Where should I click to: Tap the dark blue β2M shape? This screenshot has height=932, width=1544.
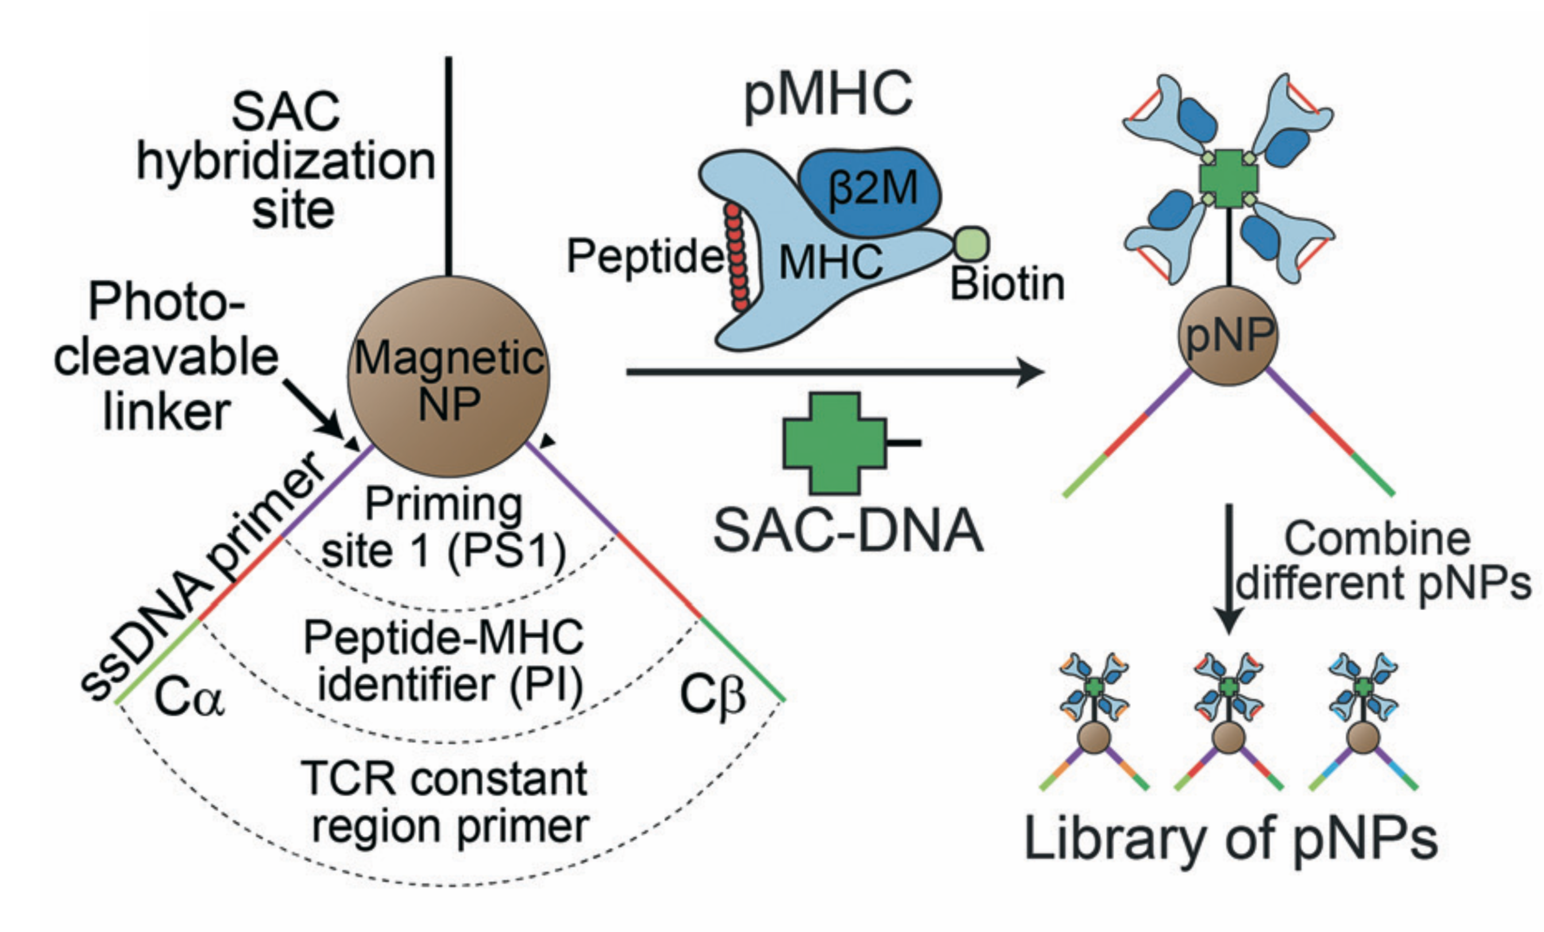coord(871,188)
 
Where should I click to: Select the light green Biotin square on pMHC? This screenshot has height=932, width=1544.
coord(971,244)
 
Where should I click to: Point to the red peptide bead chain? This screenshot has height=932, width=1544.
coord(736,257)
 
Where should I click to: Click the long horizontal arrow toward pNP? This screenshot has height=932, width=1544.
coord(833,372)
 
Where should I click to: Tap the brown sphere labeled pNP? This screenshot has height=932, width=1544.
coord(1228,336)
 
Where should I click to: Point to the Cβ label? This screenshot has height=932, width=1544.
coord(713,696)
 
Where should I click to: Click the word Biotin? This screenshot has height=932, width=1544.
coord(1007,285)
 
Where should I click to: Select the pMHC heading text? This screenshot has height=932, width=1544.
coord(827,94)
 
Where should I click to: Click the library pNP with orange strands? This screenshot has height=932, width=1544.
coord(1094,721)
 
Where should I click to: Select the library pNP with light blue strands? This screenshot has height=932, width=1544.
coord(1363,721)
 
